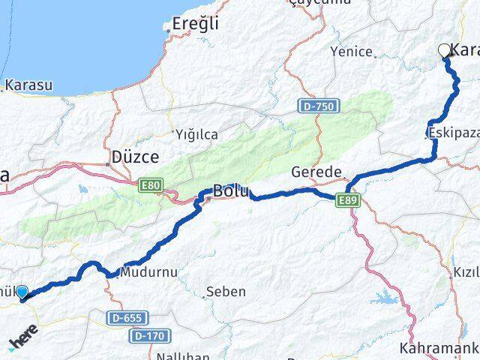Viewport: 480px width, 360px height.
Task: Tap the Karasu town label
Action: [29, 85]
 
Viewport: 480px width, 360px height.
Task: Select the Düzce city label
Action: [135, 157]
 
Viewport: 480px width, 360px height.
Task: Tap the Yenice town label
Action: [352, 52]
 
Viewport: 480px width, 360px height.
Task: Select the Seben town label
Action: [226, 291]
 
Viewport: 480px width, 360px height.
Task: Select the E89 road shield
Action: [349, 200]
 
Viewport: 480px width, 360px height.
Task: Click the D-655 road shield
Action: [127, 318]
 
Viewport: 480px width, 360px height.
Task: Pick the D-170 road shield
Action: [148, 335]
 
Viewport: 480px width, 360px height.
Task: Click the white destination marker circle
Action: [444, 50]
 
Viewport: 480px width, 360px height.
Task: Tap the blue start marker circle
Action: [22, 292]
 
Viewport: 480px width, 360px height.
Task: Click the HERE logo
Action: [24, 340]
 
